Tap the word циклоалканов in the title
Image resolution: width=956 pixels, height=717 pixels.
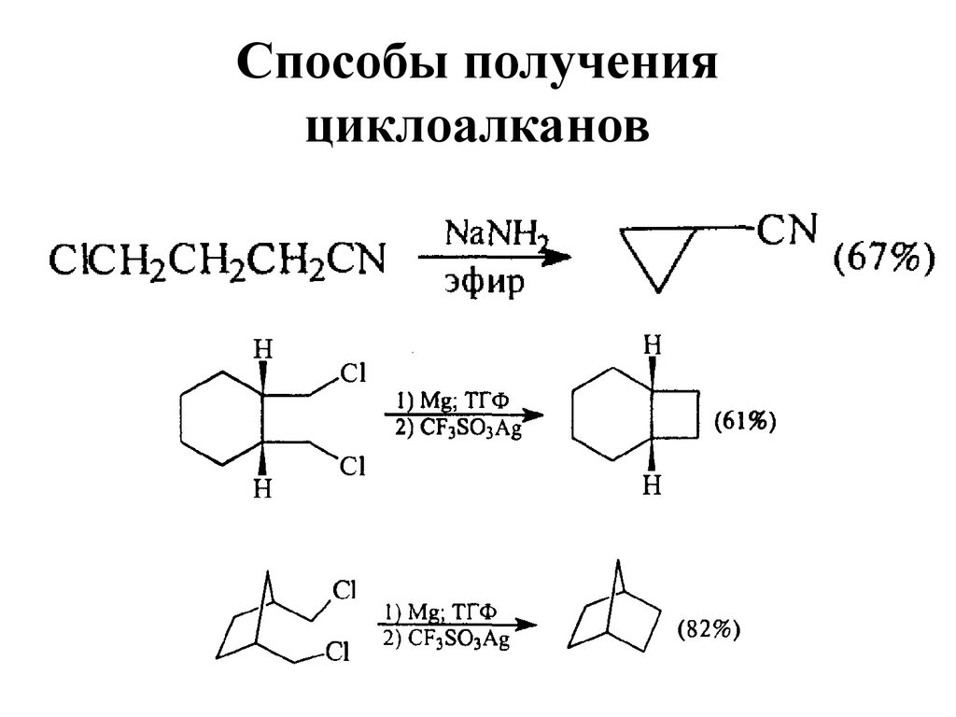point(477,127)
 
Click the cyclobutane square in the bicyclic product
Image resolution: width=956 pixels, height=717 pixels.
point(674,413)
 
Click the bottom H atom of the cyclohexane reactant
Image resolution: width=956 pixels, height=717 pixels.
point(264,488)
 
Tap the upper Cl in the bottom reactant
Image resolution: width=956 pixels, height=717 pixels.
point(344,591)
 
